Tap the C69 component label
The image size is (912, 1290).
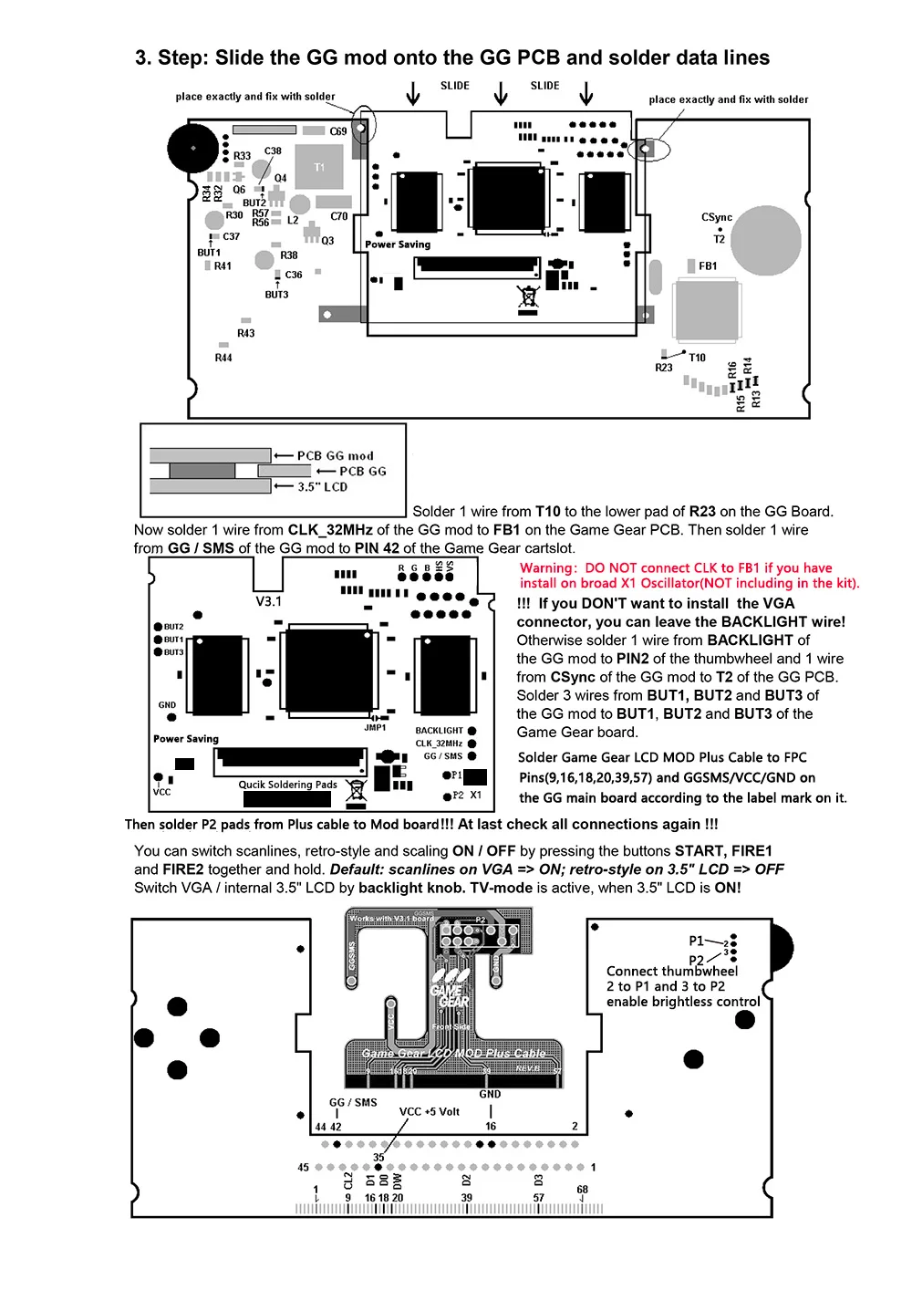point(338,131)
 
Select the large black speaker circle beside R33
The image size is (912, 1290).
point(193,147)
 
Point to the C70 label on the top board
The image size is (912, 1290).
point(339,216)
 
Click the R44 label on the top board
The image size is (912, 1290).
point(223,359)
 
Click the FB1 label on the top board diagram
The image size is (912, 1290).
point(708,266)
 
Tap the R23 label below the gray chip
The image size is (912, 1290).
point(664,368)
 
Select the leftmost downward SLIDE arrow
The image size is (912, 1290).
point(413,94)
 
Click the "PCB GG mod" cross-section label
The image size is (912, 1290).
point(335,456)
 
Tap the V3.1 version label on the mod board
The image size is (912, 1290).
point(268,602)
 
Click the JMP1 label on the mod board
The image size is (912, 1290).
point(375,728)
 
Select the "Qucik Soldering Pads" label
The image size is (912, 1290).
point(287,785)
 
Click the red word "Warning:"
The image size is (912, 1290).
point(548,568)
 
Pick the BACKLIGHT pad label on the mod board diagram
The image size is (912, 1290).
point(440,731)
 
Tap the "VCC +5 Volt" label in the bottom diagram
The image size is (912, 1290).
point(429,1111)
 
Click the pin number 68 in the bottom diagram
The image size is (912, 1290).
point(582,1190)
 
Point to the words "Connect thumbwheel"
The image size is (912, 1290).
point(672,972)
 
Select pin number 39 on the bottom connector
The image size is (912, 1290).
point(466,1198)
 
